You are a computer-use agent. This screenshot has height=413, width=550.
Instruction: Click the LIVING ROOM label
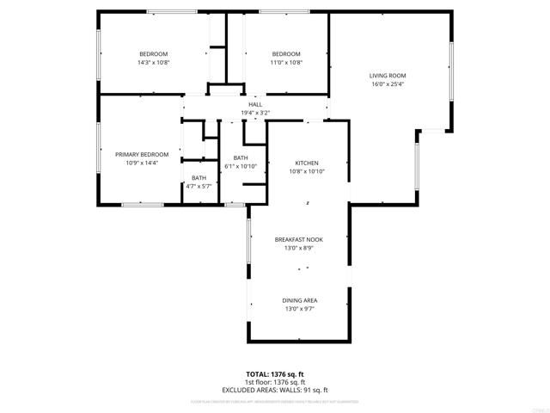[x=388, y=76]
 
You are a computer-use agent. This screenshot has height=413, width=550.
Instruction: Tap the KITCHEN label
[x=307, y=163]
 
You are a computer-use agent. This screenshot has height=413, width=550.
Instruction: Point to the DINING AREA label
[x=300, y=300]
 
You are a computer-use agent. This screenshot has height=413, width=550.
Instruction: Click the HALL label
[x=255, y=104]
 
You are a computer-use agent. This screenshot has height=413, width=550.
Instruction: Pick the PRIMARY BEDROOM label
[x=142, y=154]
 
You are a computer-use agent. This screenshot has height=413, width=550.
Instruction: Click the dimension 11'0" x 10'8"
[x=286, y=62]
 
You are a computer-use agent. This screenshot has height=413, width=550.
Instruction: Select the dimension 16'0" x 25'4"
[x=388, y=84]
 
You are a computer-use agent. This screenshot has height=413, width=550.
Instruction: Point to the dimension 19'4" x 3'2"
[x=255, y=113]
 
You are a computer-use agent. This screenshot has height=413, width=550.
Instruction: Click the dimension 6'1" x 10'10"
[x=241, y=165]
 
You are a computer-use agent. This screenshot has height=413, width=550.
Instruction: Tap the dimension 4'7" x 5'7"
[x=199, y=186]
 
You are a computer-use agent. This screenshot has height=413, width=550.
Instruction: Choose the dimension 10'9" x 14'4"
[x=142, y=163]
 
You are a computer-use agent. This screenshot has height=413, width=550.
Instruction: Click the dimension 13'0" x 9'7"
[x=300, y=309]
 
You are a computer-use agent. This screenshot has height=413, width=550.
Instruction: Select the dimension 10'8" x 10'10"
[x=307, y=171]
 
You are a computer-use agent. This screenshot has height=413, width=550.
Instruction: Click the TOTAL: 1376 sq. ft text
[x=276, y=374]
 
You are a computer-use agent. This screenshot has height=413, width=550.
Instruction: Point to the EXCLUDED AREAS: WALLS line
[x=276, y=390]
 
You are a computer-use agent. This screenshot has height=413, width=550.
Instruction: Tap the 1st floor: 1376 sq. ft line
[x=276, y=382]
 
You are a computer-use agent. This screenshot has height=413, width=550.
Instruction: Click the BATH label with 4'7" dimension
[x=199, y=177]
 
